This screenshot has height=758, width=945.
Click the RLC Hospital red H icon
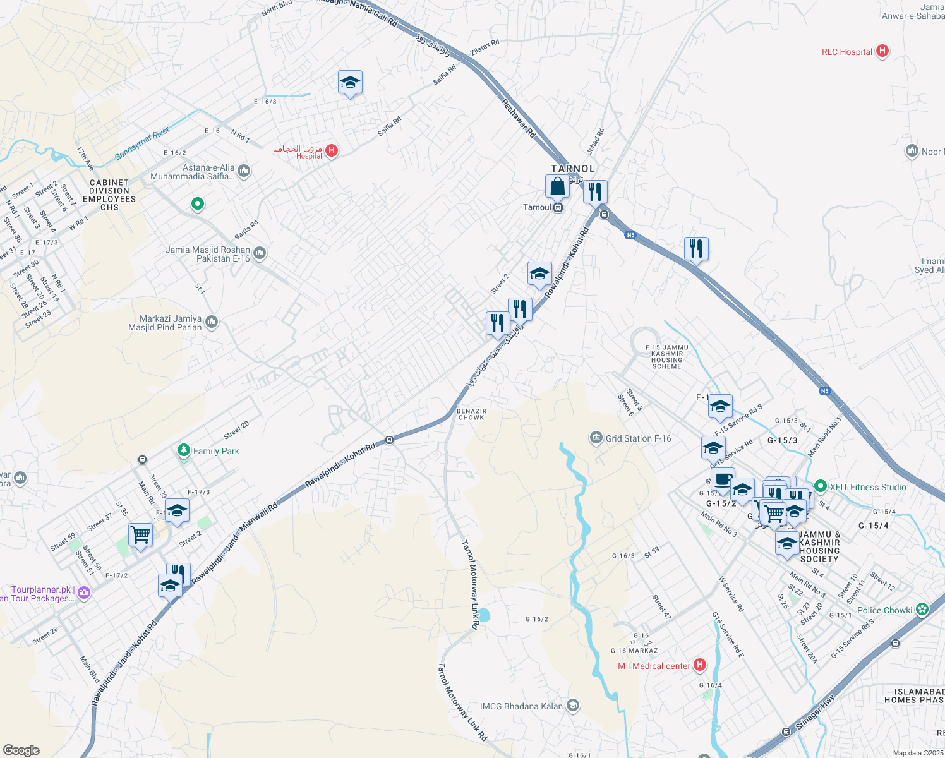[x=882, y=51]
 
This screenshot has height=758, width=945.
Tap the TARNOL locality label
[x=572, y=169]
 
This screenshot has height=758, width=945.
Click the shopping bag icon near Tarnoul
[x=557, y=187]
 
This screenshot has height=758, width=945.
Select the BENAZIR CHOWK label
[x=471, y=414]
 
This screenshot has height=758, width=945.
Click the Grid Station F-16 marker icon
[x=596, y=438]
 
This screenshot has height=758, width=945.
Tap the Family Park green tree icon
[x=184, y=450]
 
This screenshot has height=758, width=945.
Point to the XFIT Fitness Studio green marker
[x=820, y=486]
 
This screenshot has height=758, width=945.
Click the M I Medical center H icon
[x=699, y=665]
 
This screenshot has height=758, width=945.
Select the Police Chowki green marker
[x=922, y=610]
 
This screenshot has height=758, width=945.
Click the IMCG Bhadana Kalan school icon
[x=573, y=706]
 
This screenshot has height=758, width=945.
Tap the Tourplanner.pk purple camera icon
[x=84, y=593]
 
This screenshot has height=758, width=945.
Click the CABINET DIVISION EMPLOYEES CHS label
[x=109, y=195]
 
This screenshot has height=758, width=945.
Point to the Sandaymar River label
[x=142, y=143]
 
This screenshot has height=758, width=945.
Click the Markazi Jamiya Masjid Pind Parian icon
[x=212, y=322]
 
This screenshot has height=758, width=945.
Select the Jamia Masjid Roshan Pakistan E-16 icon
[x=259, y=253]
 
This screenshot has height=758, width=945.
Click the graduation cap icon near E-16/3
[x=350, y=83]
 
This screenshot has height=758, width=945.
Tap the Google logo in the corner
[x=21, y=750]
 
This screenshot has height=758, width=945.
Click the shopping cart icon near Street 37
[x=140, y=535]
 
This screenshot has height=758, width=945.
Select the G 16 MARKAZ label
[x=634, y=651]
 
